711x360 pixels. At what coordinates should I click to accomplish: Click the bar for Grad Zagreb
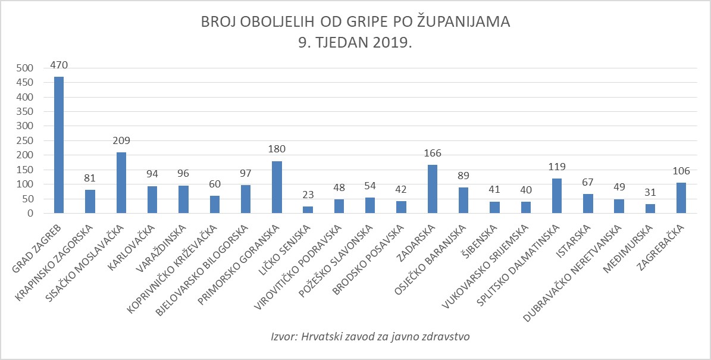(59, 145)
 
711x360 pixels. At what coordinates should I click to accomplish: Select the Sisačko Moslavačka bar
(121, 183)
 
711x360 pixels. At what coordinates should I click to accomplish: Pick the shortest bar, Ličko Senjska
(308, 209)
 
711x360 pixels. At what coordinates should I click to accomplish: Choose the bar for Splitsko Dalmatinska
(557, 196)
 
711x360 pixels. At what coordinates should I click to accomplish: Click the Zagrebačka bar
(681, 198)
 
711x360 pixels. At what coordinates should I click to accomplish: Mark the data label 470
(59, 65)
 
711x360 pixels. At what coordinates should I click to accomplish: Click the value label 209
(121, 141)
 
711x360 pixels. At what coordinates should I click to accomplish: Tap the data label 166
(432, 154)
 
